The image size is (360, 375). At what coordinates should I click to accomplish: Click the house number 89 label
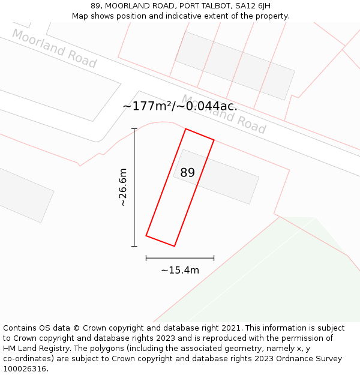[x=187, y=173]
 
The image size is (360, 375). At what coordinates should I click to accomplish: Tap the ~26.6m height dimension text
[x=122, y=188]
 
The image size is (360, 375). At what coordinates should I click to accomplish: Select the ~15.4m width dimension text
[x=180, y=271]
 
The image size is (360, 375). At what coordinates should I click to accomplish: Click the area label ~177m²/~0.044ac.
[x=180, y=106]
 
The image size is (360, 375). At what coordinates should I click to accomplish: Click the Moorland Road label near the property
[x=224, y=114]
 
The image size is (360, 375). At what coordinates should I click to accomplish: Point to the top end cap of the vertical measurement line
[x=134, y=129]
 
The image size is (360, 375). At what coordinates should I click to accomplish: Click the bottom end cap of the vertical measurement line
[x=134, y=246]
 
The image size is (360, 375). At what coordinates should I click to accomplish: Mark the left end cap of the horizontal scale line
[x=146, y=258]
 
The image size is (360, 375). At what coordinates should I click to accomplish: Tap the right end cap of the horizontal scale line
[x=214, y=258]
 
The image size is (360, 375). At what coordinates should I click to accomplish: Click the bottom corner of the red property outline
[x=174, y=246]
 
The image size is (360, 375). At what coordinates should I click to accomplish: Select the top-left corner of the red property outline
[x=185, y=129]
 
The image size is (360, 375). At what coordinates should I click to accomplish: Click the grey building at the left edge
[x=24, y=195]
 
